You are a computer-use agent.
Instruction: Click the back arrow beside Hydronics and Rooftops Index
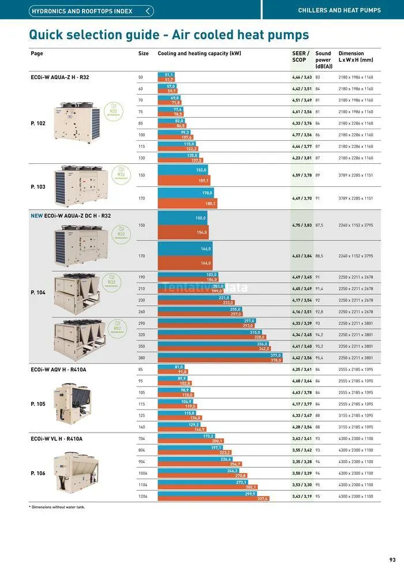(x=149, y=11)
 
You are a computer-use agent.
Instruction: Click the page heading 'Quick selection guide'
(x=169, y=35)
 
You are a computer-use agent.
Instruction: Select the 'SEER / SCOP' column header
(x=301, y=57)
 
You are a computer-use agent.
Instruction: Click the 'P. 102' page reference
(x=38, y=123)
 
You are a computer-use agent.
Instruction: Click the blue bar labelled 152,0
(x=183, y=170)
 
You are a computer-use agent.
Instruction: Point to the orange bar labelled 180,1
(x=187, y=203)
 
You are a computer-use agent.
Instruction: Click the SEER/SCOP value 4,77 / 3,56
(x=302, y=135)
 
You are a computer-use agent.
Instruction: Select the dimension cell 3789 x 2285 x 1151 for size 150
(x=356, y=175)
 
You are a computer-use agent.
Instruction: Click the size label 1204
(x=143, y=496)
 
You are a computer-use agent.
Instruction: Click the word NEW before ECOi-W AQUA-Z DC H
(x=36, y=216)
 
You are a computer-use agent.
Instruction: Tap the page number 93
(x=392, y=559)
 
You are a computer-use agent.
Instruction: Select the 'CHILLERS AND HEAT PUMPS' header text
(x=339, y=10)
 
